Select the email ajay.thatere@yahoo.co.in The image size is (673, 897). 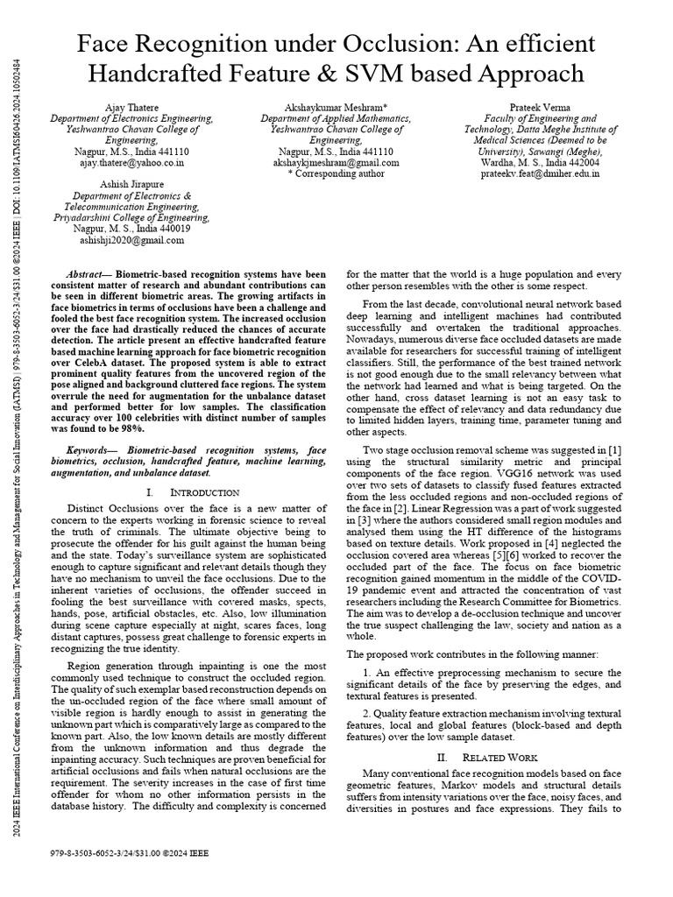click(x=129, y=162)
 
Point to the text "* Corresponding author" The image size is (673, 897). click(x=336, y=173)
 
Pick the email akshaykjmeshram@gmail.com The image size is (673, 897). click(x=336, y=162)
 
